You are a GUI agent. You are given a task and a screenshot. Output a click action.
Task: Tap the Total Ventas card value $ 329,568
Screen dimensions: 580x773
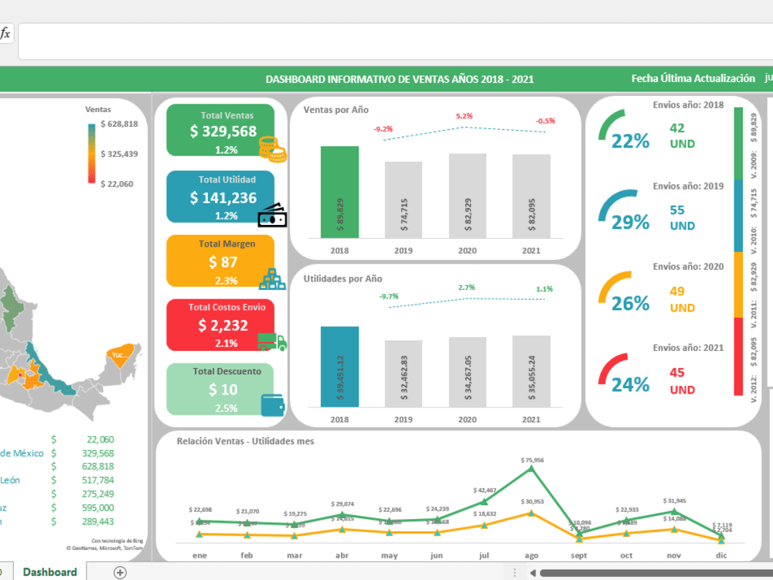tap(223, 131)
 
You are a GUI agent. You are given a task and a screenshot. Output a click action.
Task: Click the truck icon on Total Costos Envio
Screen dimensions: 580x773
tap(271, 341)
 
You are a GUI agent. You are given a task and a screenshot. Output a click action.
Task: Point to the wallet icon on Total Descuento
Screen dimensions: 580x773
tap(272, 404)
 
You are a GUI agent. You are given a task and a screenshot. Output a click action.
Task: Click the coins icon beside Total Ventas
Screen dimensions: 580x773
tap(272, 148)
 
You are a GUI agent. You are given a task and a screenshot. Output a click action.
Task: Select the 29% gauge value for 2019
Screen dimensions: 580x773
tap(631, 223)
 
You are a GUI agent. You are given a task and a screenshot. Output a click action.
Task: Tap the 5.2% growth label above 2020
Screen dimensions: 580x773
tap(464, 116)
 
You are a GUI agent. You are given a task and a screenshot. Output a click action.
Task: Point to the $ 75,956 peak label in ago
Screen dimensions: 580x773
tap(530, 460)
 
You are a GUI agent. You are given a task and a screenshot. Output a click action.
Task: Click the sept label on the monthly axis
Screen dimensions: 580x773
tap(578, 554)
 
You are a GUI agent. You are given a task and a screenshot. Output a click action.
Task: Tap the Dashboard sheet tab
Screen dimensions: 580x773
tap(49, 572)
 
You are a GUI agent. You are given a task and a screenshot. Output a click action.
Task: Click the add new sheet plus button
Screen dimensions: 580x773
tap(120, 572)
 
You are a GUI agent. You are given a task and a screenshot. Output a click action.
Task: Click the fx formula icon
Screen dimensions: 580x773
tap(5, 33)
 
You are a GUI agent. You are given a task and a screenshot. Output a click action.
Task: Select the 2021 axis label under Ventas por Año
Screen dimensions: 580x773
tap(531, 251)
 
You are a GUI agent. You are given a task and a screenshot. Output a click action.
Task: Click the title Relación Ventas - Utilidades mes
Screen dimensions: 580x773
tap(245, 441)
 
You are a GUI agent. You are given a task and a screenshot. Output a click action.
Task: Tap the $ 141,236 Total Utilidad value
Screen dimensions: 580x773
tap(223, 198)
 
